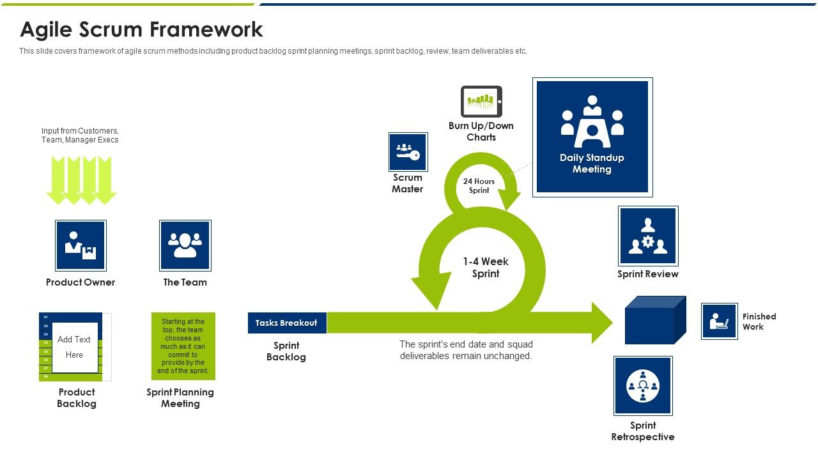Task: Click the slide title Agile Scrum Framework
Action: coord(141,29)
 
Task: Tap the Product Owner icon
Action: coord(81,245)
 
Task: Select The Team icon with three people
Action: coord(185,245)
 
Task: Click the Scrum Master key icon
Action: coord(408,152)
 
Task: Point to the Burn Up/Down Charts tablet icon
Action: coord(481,102)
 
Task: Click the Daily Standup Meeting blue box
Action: coord(592,137)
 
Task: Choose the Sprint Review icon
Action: coord(647,236)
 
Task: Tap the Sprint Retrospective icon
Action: coord(642,386)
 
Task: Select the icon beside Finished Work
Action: coord(719,321)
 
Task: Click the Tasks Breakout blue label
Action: coord(287,323)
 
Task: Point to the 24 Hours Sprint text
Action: coord(479,186)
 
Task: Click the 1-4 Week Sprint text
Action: coord(486,268)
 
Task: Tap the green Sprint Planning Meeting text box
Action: coord(183,346)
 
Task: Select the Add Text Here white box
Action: coord(75,348)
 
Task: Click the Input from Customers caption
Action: coord(80,135)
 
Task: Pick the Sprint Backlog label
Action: coord(286,351)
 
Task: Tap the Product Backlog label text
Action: coord(77,398)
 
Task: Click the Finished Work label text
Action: coord(759,321)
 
